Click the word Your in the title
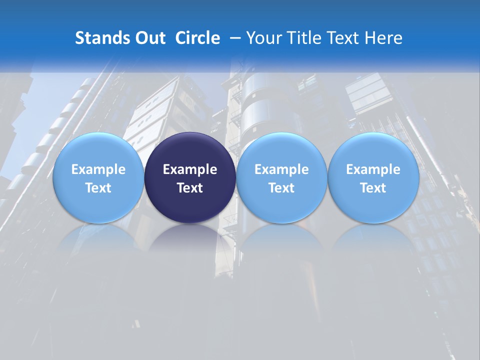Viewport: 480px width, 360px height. (x=263, y=38)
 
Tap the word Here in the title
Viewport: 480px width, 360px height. (x=383, y=38)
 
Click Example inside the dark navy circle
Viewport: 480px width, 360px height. (x=190, y=169)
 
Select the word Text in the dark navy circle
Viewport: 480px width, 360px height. (x=190, y=188)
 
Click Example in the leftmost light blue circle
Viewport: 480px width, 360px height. (x=98, y=169)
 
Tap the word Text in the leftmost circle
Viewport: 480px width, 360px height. (x=98, y=188)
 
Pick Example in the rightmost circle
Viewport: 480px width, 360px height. (x=373, y=169)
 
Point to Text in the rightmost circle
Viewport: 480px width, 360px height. (x=373, y=188)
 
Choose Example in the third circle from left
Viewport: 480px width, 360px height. (x=281, y=169)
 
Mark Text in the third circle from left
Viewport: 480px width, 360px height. (x=281, y=188)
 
